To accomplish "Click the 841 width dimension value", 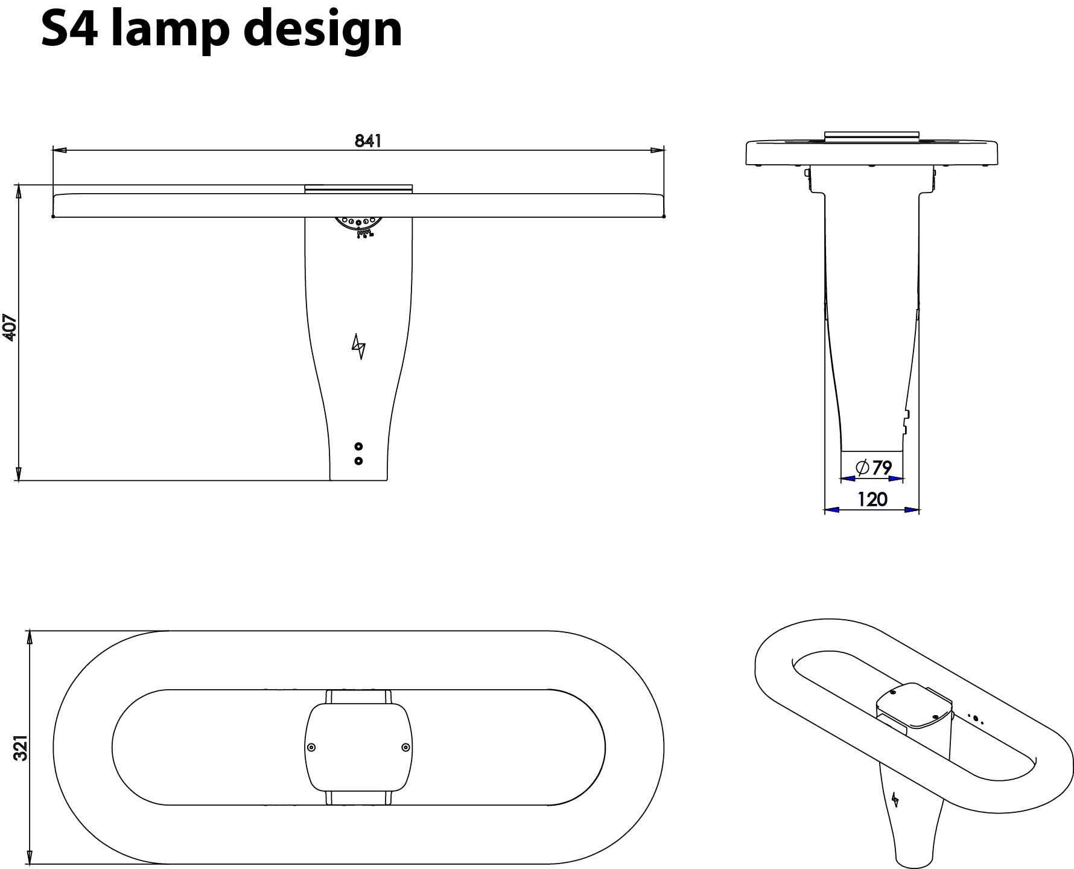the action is [x=368, y=141].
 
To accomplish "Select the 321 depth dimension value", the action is [x=22, y=748].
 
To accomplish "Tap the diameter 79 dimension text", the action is [x=873, y=468].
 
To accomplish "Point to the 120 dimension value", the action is [x=872, y=499].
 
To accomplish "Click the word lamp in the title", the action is [x=169, y=30].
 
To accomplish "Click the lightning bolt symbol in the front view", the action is [x=359, y=346].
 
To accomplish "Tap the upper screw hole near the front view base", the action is [x=359, y=447].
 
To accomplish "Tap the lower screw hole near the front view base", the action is [x=359, y=461].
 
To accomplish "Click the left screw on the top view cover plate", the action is [x=311, y=748].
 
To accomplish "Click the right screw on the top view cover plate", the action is [x=405, y=748].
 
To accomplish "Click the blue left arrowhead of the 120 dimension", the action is [x=831, y=510].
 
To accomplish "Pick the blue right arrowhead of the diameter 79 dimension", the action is [x=897, y=479].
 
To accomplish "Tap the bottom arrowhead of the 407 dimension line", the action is [x=18, y=474].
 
